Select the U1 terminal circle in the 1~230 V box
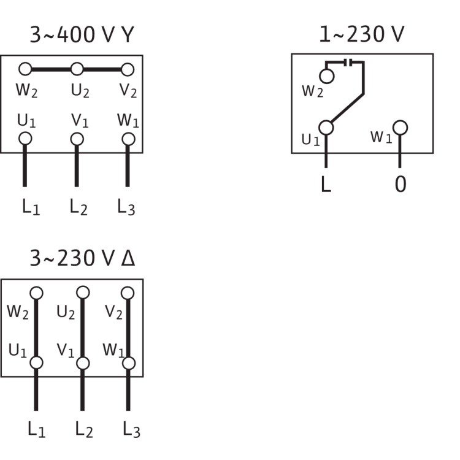[326, 128]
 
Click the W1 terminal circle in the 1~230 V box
[401, 128]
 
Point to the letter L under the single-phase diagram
[326, 184]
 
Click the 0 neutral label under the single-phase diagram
[401, 184]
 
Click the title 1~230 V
[362, 36]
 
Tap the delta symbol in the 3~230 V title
[129, 258]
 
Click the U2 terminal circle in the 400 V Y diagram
[77, 69]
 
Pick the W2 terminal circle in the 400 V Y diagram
[25, 69]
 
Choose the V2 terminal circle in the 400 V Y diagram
[128, 69]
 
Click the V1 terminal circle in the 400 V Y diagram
[77, 139]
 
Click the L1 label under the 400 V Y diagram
[30, 207]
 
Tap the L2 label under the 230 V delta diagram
[84, 427]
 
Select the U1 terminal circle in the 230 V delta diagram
[37, 362]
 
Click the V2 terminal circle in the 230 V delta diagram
[128, 292]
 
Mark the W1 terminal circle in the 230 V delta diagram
[128, 362]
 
